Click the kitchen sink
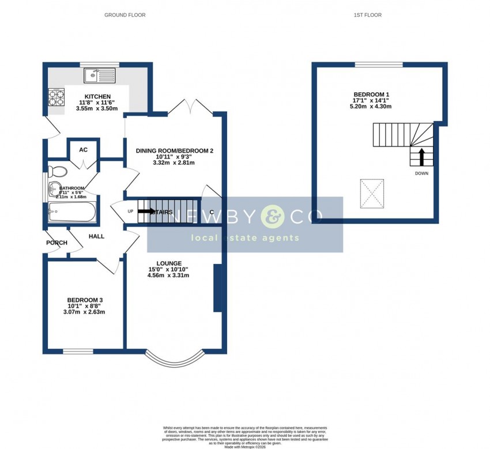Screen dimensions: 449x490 click(99, 75)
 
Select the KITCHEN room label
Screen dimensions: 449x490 click(97, 96)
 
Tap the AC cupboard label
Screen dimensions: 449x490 click(83, 150)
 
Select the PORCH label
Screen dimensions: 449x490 click(57, 243)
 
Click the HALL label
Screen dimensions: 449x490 click(96, 236)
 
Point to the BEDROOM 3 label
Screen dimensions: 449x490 click(85, 300)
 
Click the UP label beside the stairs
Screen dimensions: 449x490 click(130, 212)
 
